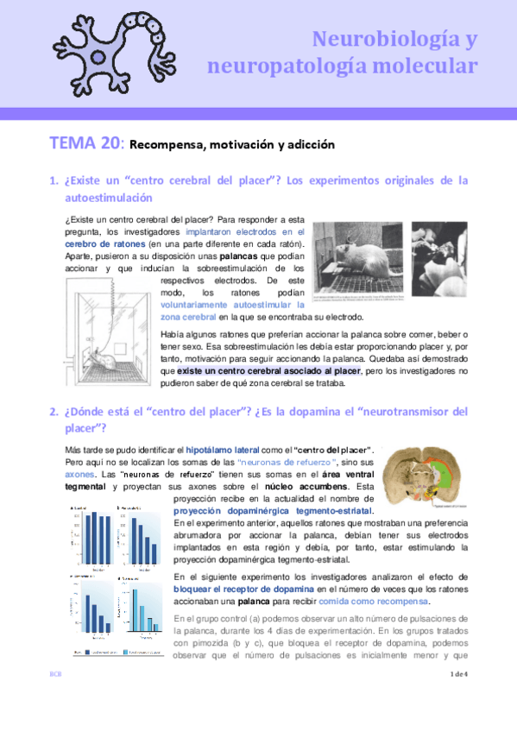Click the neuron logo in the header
pos(105,48)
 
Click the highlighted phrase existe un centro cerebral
pos(236,370)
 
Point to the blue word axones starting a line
pos(79,475)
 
